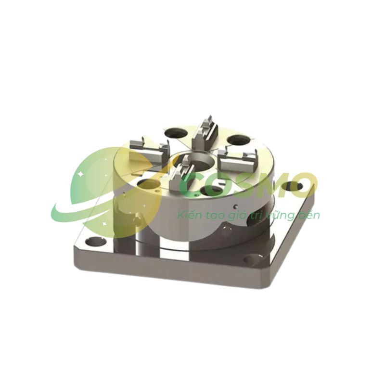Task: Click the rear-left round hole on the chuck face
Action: (176, 133)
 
